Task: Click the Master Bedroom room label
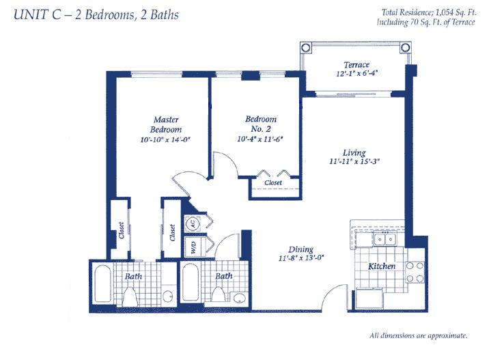point(166,124)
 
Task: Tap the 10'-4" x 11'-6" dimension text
point(260,139)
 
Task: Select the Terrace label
point(356,65)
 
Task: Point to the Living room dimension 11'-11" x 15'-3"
point(354,161)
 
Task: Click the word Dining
point(300,249)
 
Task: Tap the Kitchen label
point(382,266)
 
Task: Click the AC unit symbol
point(193,223)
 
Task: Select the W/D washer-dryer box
point(193,247)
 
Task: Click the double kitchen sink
point(384,240)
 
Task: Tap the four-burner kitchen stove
point(415,272)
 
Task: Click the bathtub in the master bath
point(103,283)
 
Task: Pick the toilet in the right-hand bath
point(218,294)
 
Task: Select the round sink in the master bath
point(168,296)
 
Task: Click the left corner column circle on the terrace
point(306,49)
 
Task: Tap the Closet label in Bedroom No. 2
point(273,182)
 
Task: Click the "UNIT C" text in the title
point(38,15)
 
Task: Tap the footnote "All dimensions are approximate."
point(419,335)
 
